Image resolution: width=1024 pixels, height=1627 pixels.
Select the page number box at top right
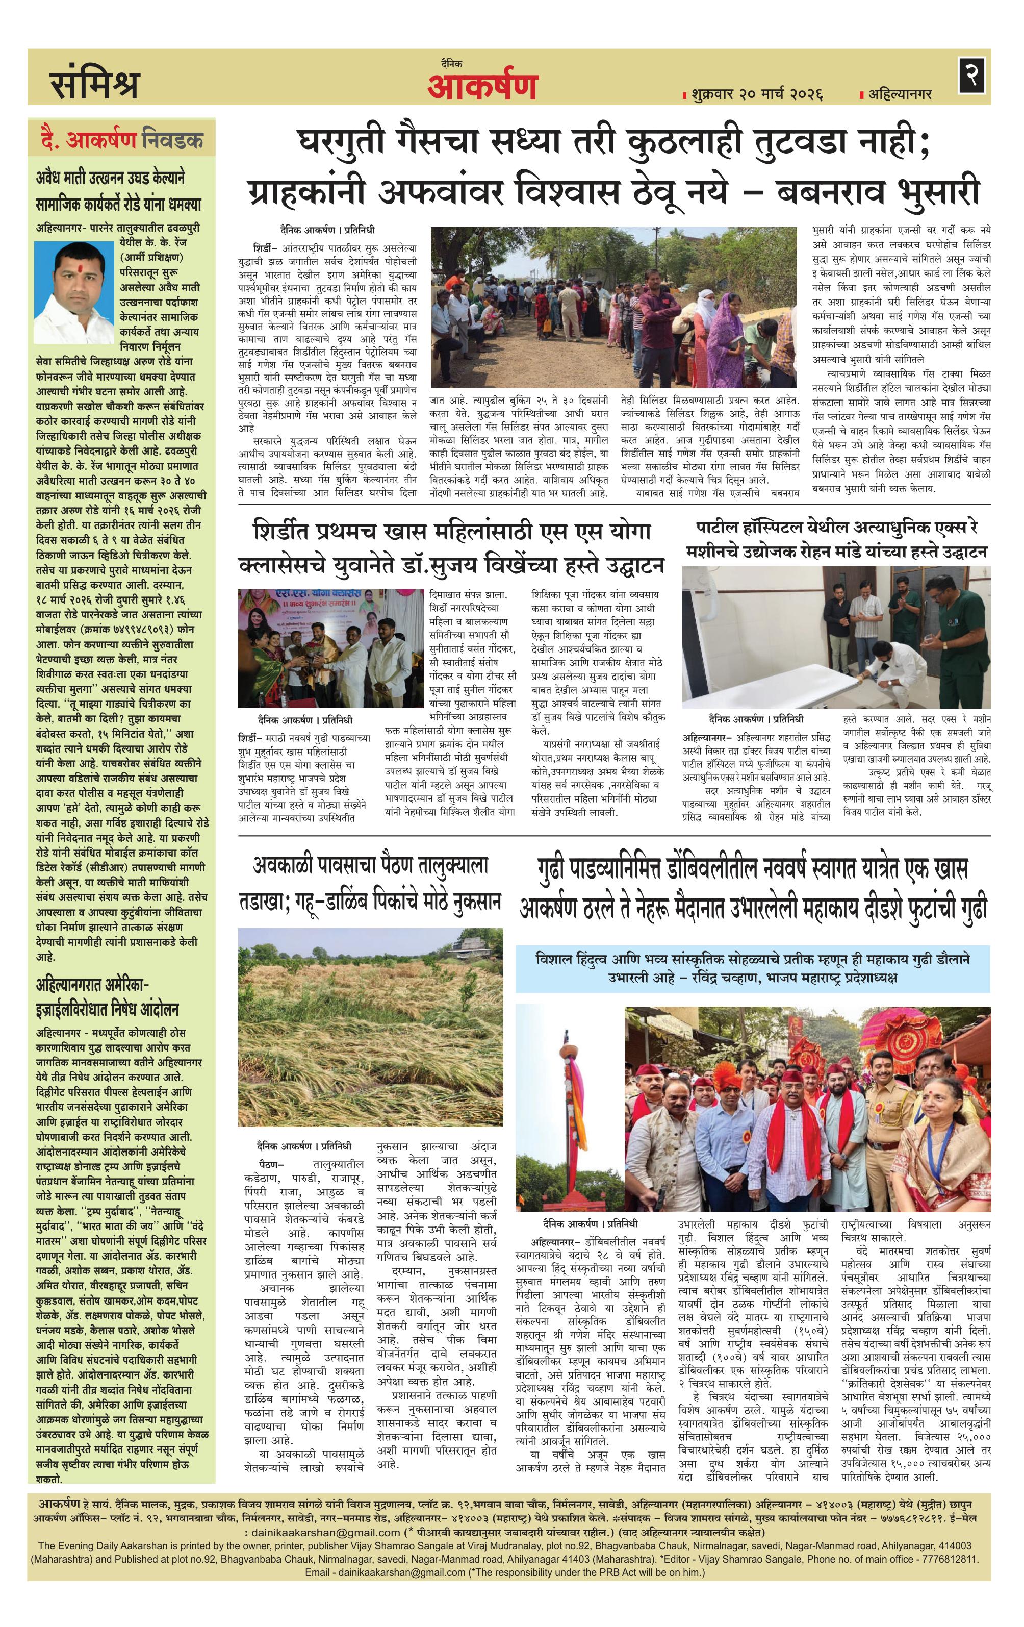[x=972, y=75]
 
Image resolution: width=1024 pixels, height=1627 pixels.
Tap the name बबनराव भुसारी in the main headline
[x=878, y=192]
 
